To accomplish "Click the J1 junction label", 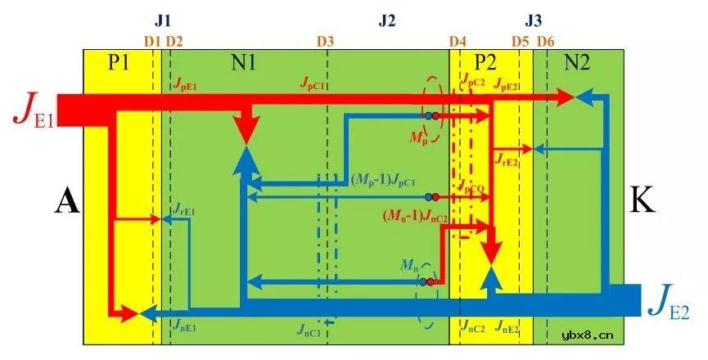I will point(163,18).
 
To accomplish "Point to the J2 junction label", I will point(387,20).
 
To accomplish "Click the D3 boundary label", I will point(325,40).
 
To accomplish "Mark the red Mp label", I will point(418,139).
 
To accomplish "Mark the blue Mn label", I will point(410,264).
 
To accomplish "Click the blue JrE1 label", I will point(183,209).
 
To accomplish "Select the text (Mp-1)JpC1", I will point(384,179).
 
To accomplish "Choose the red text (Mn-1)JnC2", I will point(414,217).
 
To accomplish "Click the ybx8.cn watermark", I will point(588,334).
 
